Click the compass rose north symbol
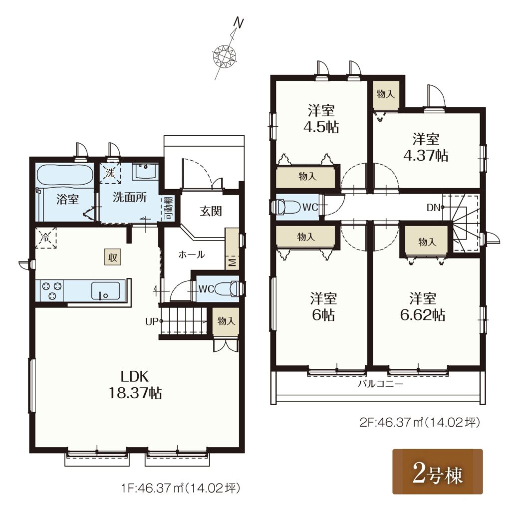[225, 55]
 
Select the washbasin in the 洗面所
[145, 171]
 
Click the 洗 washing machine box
[110, 173]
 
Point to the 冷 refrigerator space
[45, 238]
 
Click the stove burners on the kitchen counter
[51, 290]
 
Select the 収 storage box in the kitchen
[113, 257]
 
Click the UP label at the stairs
[152, 322]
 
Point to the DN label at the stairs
[434, 207]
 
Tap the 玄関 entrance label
[211, 211]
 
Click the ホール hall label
[192, 255]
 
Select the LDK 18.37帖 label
[135, 385]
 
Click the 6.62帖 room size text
[423, 315]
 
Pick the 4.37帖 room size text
[426, 155]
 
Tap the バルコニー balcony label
[380, 384]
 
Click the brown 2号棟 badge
[437, 471]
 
